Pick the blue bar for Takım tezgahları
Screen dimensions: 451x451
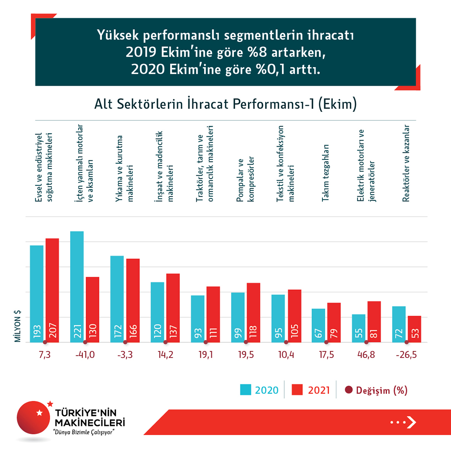pos(318,325)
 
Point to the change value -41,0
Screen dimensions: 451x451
pos(85,355)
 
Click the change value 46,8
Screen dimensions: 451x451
pos(366,355)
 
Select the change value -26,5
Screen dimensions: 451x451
pos(406,355)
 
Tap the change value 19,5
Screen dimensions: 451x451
pos(246,355)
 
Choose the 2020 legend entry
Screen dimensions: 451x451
pos(259,390)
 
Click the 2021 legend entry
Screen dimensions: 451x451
pos(311,390)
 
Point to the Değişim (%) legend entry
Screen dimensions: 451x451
pos(376,390)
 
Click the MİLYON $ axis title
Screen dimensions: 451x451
pos(18,326)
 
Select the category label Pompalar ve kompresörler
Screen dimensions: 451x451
pos(246,180)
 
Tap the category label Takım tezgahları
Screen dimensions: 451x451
pos(326,174)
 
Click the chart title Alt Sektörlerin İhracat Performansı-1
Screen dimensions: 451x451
pos(225,104)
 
